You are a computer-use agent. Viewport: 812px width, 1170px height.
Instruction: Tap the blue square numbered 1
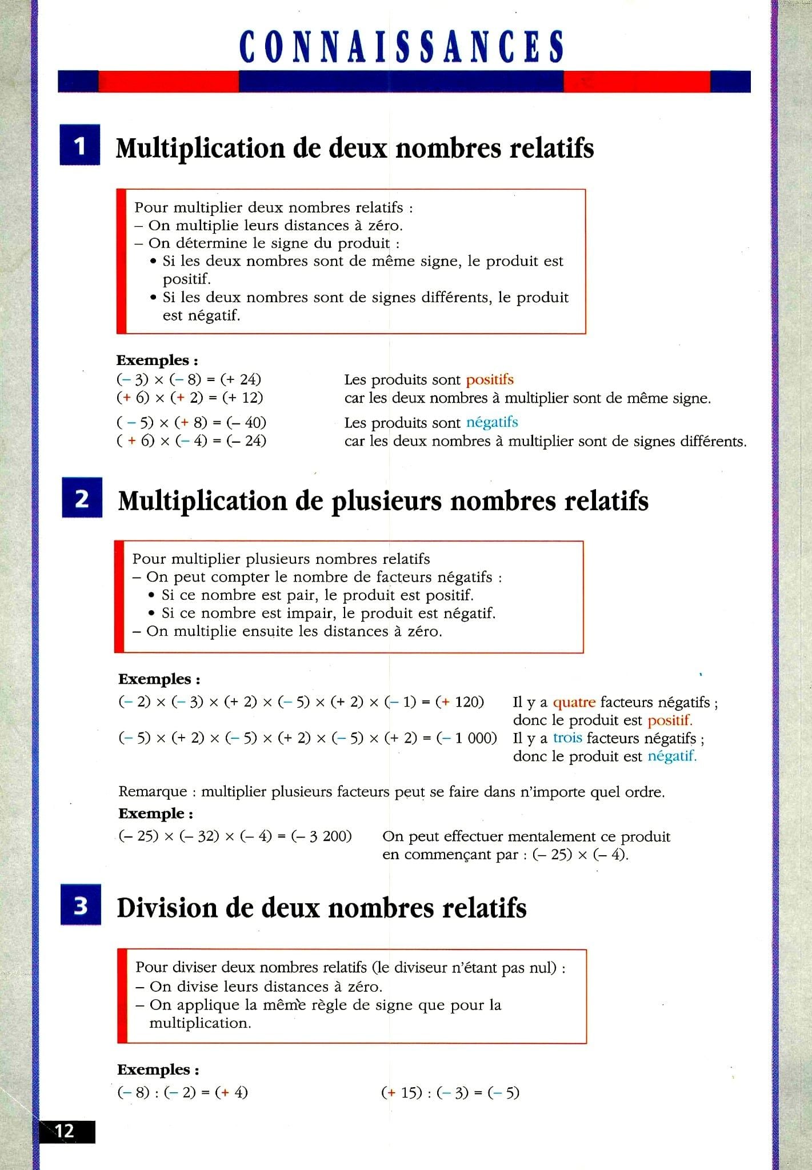80,145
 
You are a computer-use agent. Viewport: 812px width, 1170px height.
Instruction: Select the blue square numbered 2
82,498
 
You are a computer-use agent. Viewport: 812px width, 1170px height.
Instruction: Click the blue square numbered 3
81,905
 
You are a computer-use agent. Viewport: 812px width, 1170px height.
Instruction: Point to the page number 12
66,1131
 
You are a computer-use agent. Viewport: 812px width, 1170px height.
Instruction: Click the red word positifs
490,380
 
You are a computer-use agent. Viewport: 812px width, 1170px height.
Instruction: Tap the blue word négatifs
492,422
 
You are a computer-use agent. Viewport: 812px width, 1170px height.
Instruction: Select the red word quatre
574,702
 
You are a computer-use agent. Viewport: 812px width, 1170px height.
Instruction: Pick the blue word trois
567,738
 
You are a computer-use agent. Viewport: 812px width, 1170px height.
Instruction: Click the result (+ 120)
459,702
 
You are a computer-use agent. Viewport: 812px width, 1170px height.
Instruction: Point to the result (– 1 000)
467,738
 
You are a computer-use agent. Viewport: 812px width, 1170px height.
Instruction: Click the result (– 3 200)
321,836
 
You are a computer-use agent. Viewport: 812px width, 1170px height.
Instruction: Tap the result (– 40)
246,423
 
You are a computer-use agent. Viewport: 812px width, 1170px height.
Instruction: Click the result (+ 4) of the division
231,1093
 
